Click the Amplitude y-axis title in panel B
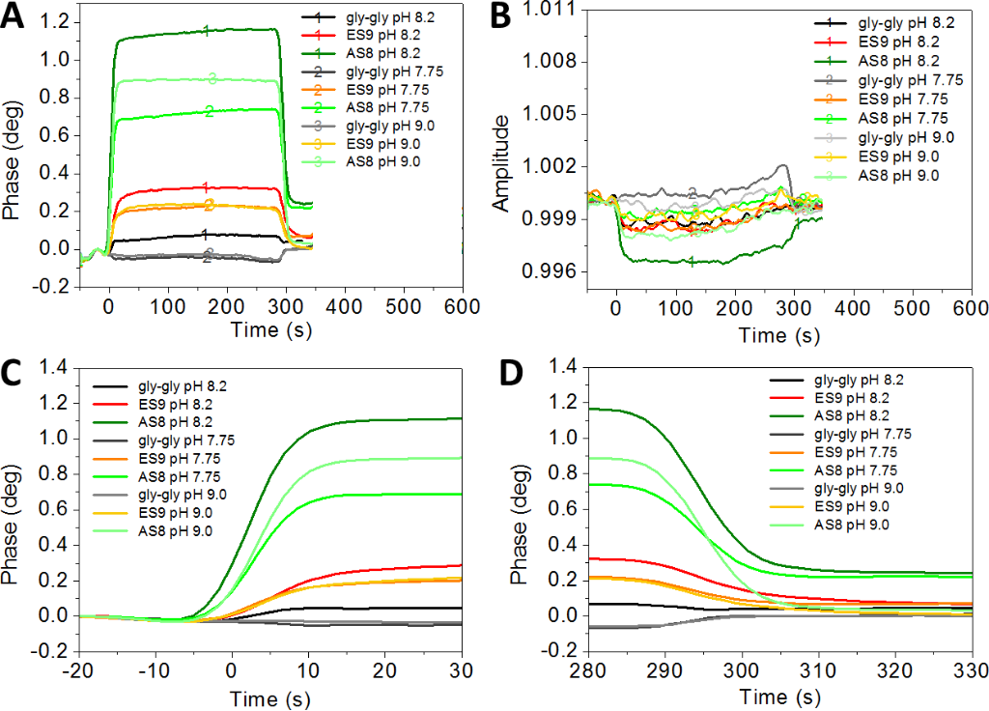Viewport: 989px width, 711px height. [501, 164]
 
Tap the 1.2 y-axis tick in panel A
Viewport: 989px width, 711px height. [56, 21]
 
